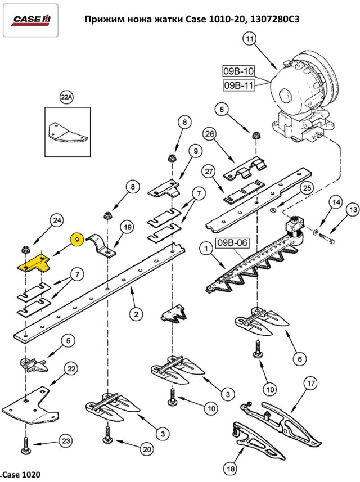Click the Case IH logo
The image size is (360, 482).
31,20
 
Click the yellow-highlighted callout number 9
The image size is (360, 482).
76,239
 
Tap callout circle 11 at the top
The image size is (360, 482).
250,39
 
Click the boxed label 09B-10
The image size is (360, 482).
239,71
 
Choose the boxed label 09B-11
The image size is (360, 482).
239,85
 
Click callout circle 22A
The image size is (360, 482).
66,98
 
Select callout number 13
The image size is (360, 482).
352,211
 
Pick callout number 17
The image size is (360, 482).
311,384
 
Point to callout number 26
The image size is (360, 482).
209,134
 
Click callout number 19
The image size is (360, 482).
127,228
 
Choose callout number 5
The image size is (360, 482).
66,341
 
